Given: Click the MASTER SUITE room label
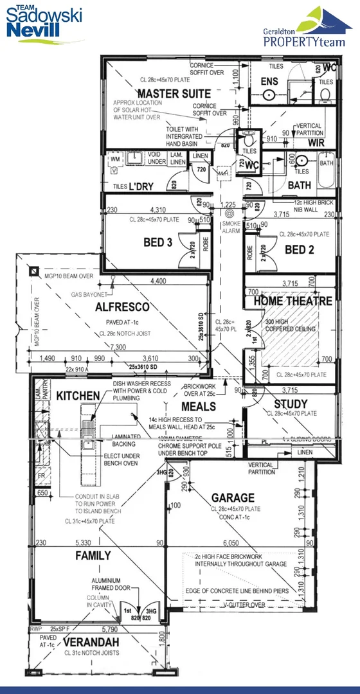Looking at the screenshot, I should pos(165,94).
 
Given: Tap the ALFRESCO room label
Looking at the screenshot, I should pos(122,307).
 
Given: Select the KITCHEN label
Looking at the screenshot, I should pos(77,396).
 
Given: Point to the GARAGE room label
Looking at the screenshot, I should pos(233,497).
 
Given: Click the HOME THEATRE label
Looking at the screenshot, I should pos(292,301).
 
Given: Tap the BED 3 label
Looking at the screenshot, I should pos(158,242).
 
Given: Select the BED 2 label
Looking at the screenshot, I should pos(299,249).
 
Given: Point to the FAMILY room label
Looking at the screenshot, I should pos(93,555).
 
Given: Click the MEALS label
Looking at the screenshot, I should pos(199,406).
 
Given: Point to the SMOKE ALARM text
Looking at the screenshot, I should pos(231,226).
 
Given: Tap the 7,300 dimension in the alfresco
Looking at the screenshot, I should pos(118,347).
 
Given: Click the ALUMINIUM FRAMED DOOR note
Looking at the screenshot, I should pos(110,583).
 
